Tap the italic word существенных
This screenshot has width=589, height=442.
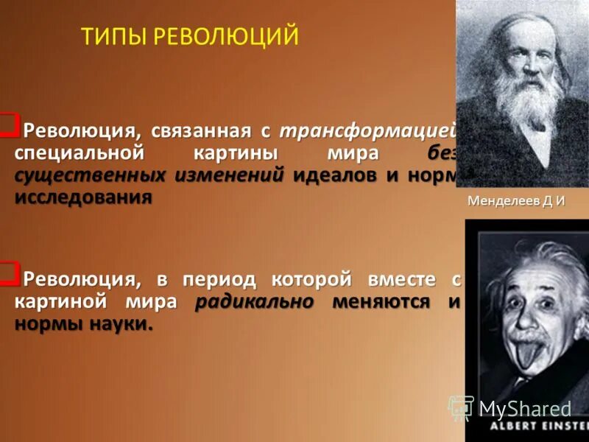(x=92, y=177)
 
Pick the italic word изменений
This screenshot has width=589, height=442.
(x=229, y=176)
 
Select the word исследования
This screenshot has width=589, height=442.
(x=83, y=197)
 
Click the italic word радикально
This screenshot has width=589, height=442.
(x=255, y=302)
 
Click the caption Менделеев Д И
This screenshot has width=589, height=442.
(x=516, y=202)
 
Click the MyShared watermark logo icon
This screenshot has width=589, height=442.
(x=461, y=408)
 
